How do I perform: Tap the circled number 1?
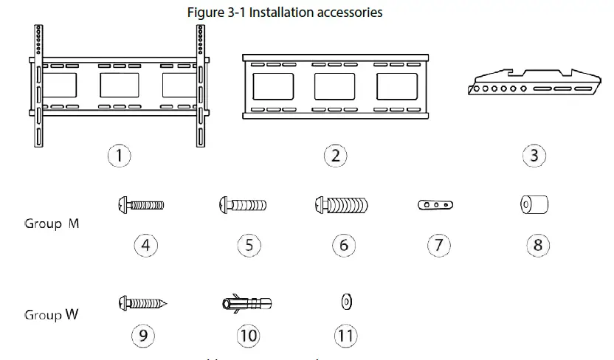point(120,156)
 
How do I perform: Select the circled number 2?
point(335,156)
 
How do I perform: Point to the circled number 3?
point(534,156)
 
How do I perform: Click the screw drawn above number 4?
point(141,204)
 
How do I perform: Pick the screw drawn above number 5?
point(242,204)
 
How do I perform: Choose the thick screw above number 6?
point(341,204)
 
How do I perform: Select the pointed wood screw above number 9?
point(143,302)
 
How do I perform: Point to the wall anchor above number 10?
point(247,303)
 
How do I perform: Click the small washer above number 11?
point(346,302)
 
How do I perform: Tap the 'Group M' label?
point(52,224)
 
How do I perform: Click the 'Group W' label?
point(52,315)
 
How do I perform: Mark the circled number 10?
point(248,336)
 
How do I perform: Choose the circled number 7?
point(438,245)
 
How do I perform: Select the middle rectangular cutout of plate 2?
point(335,86)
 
